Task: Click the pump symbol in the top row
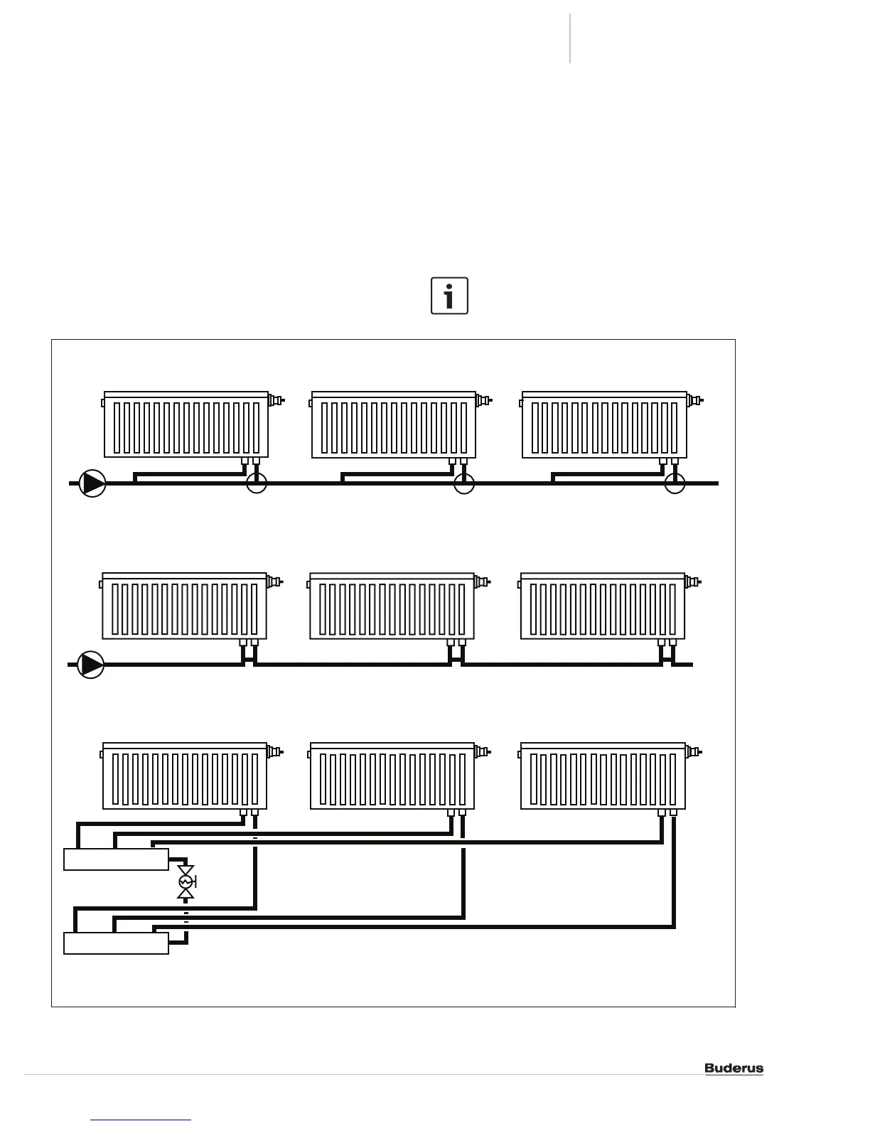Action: (x=92, y=483)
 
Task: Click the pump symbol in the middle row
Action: (x=91, y=665)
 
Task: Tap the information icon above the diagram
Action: (x=449, y=296)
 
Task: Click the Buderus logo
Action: (x=734, y=1068)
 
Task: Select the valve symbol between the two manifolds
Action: (x=186, y=882)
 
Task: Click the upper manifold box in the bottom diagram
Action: (x=116, y=859)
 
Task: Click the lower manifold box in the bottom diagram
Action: (x=116, y=943)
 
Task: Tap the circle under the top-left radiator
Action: (x=256, y=483)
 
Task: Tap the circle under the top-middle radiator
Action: (x=464, y=483)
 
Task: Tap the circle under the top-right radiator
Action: (x=675, y=483)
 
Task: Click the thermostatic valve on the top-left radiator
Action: (x=276, y=400)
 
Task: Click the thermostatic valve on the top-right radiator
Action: (x=694, y=400)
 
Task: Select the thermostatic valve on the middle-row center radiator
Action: (x=482, y=582)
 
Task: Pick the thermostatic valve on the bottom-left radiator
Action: (x=274, y=751)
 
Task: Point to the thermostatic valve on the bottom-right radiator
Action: (x=693, y=751)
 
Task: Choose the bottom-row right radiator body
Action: (x=603, y=778)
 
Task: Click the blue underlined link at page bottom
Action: (x=141, y=1120)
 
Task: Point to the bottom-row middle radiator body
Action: (x=392, y=778)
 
